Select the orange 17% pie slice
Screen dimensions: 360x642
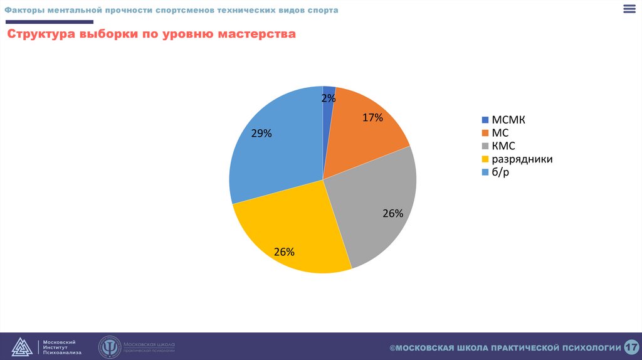(x=364, y=135)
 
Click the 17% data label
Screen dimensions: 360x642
(x=372, y=117)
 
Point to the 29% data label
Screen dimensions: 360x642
(x=261, y=133)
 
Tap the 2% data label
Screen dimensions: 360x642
(x=329, y=98)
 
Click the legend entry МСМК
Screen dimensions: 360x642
(x=508, y=120)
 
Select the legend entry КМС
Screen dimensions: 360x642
(x=504, y=146)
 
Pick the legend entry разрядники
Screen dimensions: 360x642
(x=522, y=159)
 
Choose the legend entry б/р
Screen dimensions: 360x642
(x=500, y=172)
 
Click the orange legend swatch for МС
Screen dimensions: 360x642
(x=485, y=133)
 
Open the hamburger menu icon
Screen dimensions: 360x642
(x=629, y=9)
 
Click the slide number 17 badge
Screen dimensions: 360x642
(x=631, y=347)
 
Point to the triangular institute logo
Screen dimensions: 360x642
(x=21, y=347)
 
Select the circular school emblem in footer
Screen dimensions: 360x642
(x=109, y=347)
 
